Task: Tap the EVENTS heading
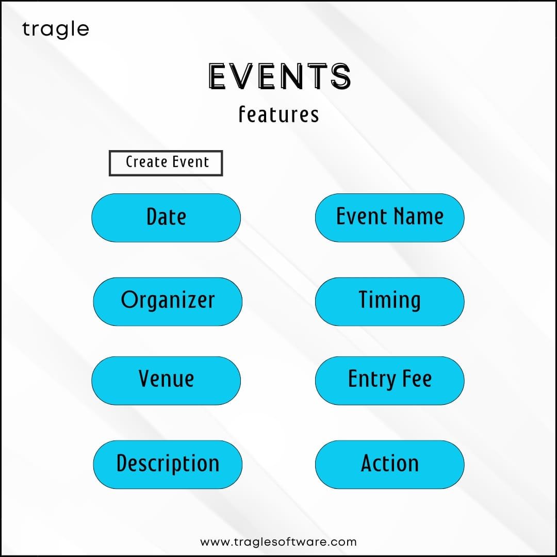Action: (x=280, y=76)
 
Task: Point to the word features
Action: (x=279, y=114)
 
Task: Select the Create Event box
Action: (x=166, y=163)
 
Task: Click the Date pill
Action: (x=166, y=218)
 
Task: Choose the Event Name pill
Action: (x=390, y=218)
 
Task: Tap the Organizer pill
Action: (x=168, y=302)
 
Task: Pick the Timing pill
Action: (x=390, y=302)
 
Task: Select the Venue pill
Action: (x=166, y=381)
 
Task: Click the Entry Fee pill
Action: (x=390, y=381)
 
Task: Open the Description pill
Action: (x=168, y=464)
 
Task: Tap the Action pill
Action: (x=390, y=464)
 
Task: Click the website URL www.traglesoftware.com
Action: (x=278, y=542)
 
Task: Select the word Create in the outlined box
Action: (x=144, y=162)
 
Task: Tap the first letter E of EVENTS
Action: (x=218, y=76)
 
